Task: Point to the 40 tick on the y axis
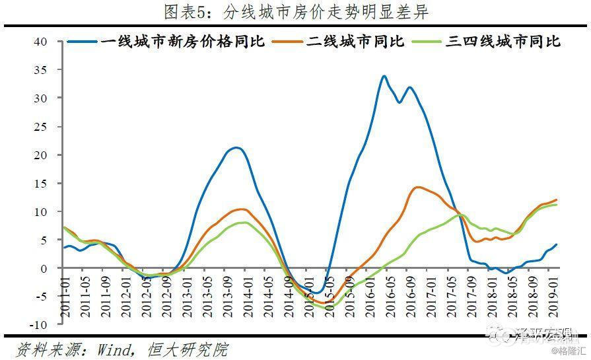pos(41,41)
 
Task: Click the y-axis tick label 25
pos(41,126)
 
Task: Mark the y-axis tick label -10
pos(38,325)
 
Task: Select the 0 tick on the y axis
pos(44,268)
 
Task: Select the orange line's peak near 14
pos(417,187)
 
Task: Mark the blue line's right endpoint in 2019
pos(557,244)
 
